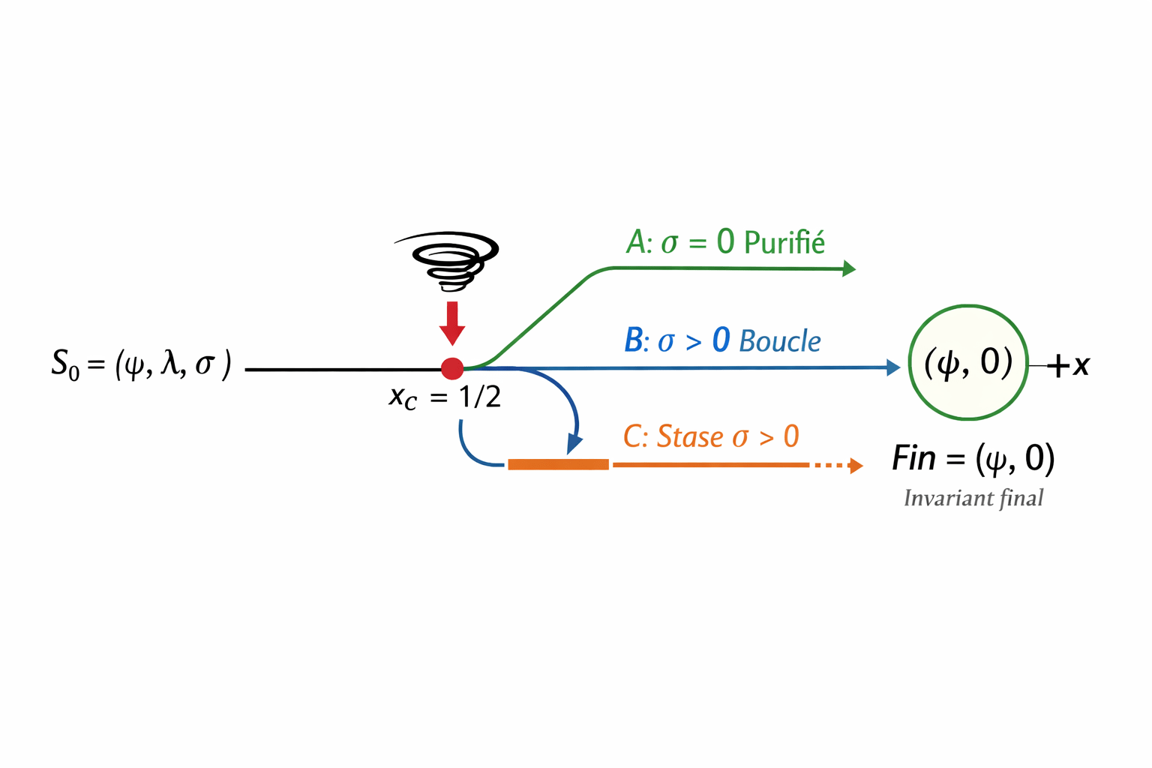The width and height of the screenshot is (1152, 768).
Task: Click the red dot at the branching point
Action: (452, 368)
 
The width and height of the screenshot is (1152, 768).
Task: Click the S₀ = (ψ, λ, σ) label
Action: (141, 365)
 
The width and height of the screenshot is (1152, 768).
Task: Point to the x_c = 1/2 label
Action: (445, 397)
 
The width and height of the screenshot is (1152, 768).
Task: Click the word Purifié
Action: (784, 243)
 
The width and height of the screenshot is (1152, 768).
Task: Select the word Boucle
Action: (780, 341)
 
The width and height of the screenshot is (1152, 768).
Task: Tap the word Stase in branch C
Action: (690, 436)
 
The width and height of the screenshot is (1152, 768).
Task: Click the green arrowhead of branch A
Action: (849, 268)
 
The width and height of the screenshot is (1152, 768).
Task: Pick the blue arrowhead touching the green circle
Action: (893, 367)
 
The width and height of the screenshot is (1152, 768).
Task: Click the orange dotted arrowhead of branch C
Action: (856, 466)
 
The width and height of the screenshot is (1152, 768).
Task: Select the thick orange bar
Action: (558, 465)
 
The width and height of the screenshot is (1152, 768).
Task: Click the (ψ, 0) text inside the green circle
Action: (968, 362)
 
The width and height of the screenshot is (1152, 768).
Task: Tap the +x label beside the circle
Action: (1069, 365)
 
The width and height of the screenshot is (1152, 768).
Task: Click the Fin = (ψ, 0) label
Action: (973, 458)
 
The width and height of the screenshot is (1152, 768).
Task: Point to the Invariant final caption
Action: (973, 498)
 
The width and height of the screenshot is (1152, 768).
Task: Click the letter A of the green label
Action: (637, 242)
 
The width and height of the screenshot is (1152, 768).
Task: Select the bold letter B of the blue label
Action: (634, 340)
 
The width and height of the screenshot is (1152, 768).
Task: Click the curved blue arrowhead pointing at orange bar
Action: (574, 444)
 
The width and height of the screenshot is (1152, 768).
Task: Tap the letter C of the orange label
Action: (634, 436)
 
